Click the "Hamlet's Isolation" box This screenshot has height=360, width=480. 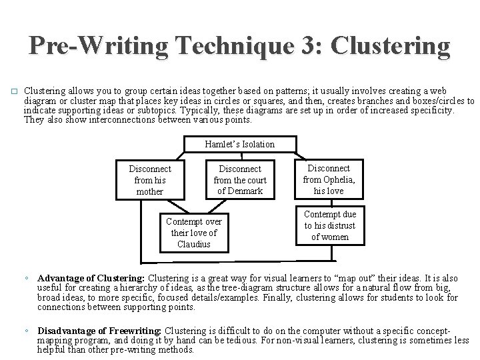240,144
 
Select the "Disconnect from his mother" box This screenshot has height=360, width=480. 149,180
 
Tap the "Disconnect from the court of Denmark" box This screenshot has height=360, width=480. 239,180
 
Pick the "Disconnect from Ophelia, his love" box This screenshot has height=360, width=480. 329,179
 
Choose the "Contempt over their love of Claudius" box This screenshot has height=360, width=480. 194,233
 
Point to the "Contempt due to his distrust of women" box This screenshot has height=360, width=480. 330,225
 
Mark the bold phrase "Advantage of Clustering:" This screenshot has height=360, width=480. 91,277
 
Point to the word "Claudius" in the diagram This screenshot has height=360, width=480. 194,244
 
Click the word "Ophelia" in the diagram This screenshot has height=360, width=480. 340,179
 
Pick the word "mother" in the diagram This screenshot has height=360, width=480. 149,191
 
